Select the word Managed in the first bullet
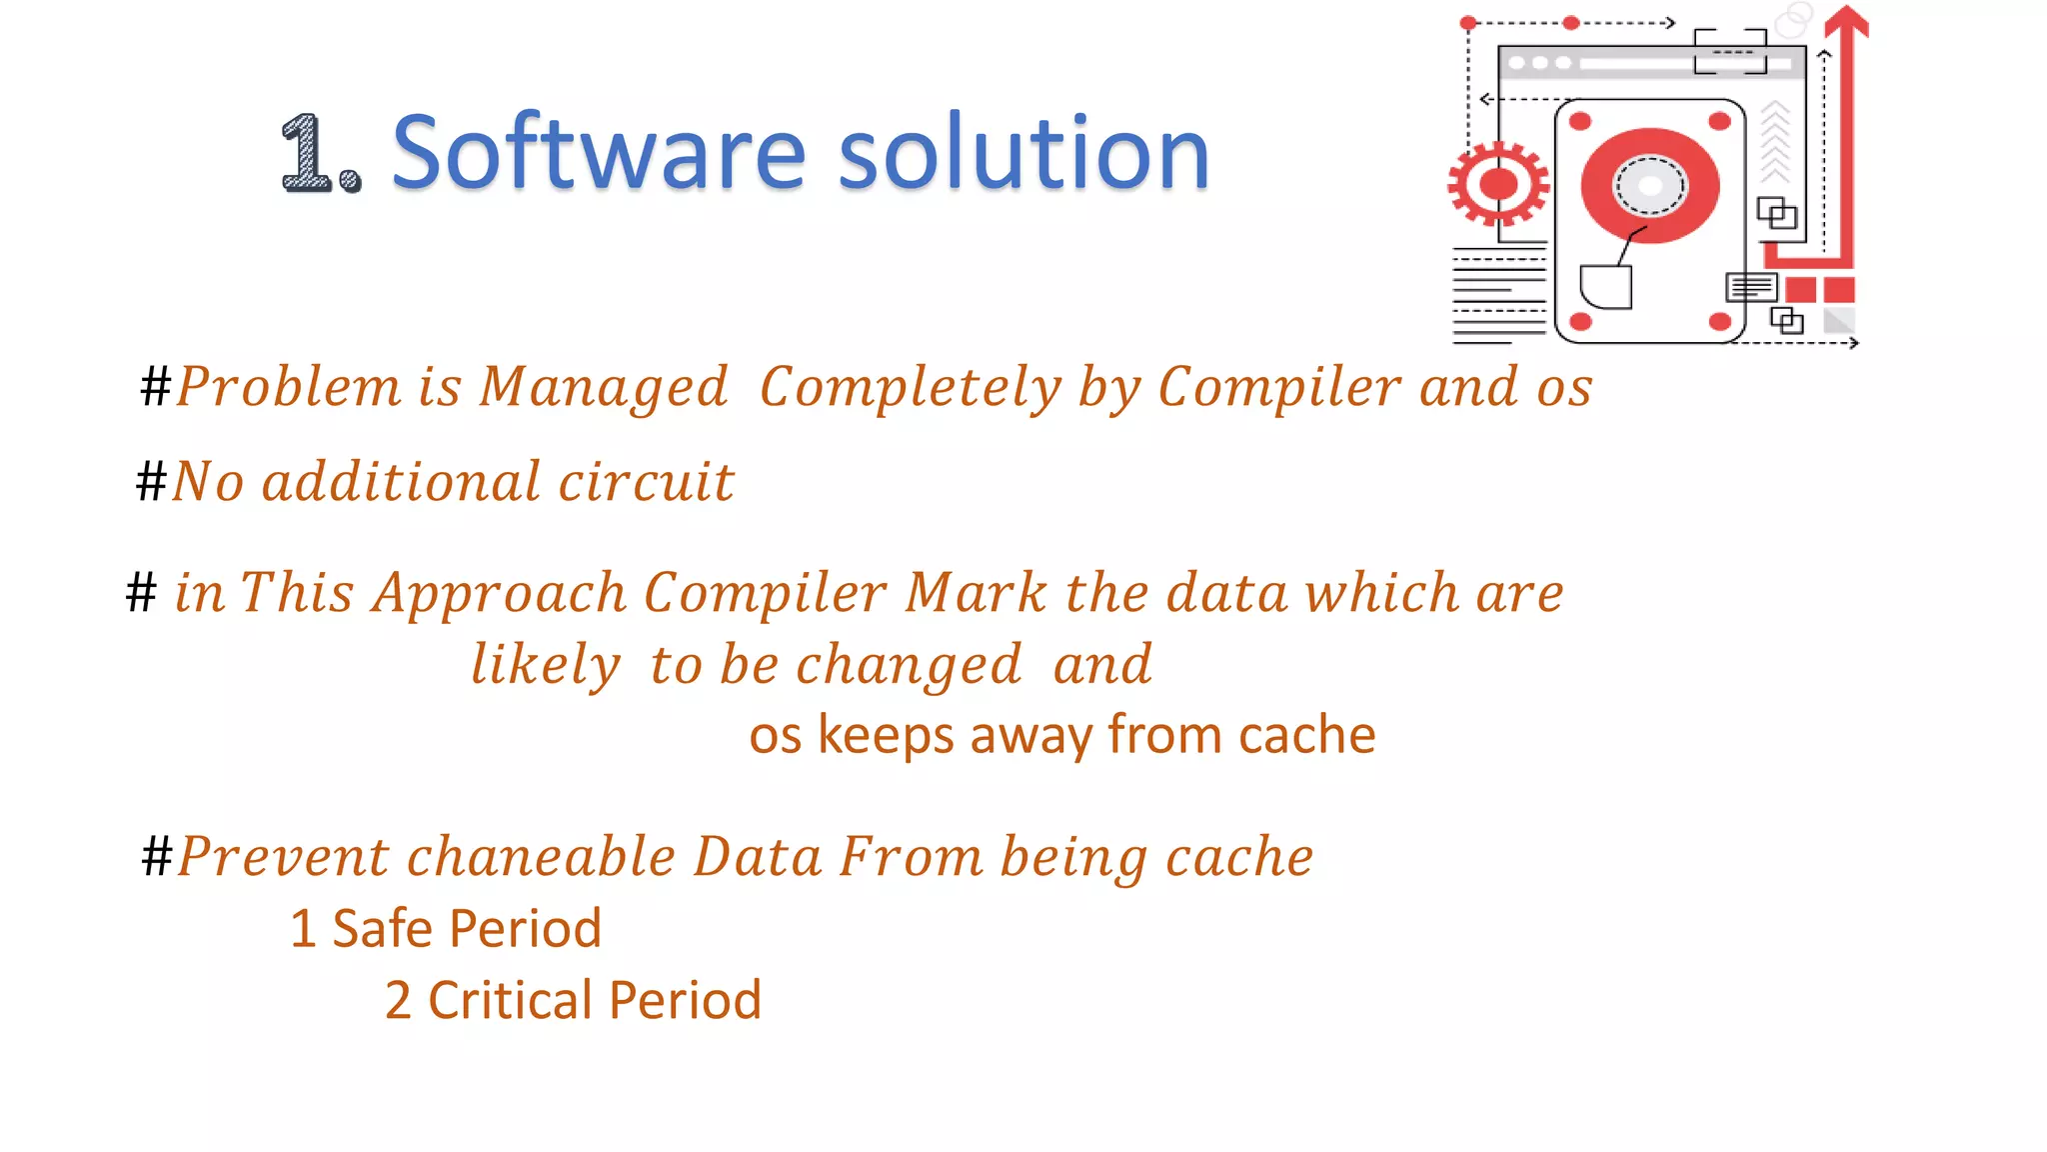[x=604, y=388]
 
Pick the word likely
[x=546, y=666]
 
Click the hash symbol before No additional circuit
[x=151, y=481]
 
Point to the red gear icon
[x=1497, y=184]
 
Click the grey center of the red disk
[x=1649, y=186]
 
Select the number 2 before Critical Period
[x=398, y=1001]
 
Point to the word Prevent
[x=283, y=858]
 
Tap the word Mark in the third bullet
[x=976, y=594]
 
